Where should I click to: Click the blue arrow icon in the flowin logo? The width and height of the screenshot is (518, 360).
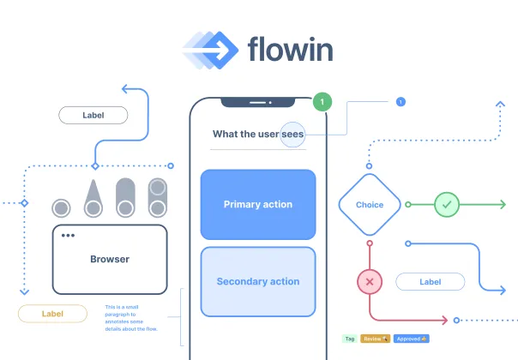[209, 50]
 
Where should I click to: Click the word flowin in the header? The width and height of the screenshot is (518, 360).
[290, 49]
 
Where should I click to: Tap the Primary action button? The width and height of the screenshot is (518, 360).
[258, 204]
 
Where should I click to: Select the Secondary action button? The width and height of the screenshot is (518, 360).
[258, 281]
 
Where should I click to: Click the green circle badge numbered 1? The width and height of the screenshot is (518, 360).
[322, 102]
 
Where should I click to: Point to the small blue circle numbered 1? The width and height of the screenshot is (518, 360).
[400, 102]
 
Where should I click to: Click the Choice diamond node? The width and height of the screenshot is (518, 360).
[370, 205]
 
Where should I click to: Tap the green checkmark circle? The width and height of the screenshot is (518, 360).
[447, 205]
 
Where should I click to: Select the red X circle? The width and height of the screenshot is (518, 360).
[370, 281]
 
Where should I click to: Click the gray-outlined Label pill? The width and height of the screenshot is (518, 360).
[93, 115]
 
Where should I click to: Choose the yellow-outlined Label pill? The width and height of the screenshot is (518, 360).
[52, 314]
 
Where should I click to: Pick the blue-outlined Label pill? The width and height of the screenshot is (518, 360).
[430, 281]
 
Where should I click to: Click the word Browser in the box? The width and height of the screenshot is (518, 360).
[110, 259]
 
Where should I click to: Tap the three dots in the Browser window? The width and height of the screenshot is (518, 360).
[68, 236]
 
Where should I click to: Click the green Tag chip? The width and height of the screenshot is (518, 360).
[349, 339]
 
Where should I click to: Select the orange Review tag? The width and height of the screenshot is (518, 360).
[376, 339]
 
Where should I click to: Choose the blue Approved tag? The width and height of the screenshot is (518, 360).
[412, 339]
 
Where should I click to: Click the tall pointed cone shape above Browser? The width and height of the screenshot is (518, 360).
[91, 199]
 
